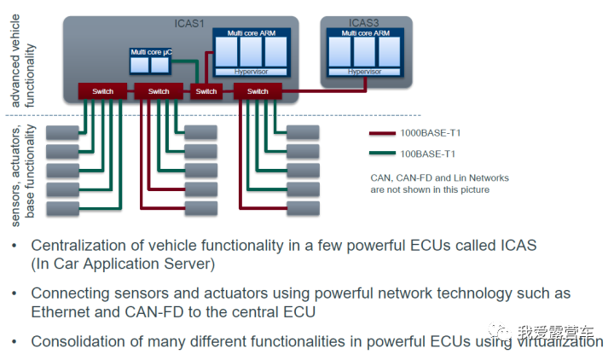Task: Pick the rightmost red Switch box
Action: pos(257,90)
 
